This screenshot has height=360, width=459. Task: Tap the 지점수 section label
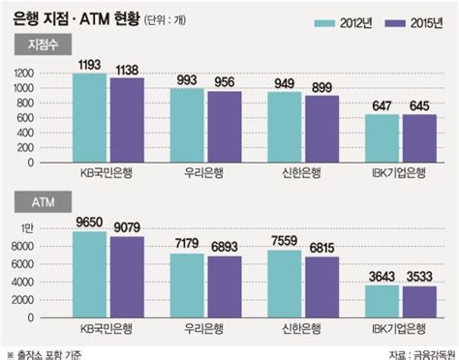click(36, 44)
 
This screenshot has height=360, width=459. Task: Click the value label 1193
click(91, 64)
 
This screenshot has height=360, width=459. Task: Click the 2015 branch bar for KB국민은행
click(126, 116)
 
